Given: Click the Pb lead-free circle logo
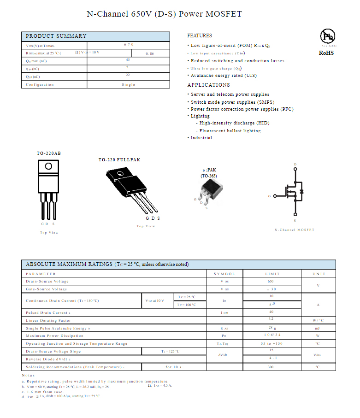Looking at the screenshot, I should coord(328,36).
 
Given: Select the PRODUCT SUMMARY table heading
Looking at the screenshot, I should coord(56,36).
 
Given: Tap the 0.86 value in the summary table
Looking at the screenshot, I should coord(150,54).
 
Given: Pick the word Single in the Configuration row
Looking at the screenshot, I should coord(129,84).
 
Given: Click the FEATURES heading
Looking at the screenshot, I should coord(200,35).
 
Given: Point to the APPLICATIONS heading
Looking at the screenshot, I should coord(208,85).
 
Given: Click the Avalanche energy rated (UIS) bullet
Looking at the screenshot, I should coord(224,76).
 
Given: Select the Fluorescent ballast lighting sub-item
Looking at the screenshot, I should coord(230,131).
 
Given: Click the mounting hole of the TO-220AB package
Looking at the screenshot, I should coord(48,166).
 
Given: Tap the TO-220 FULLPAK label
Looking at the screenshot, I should coord(119,160).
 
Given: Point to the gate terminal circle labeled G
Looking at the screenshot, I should coord(275,196).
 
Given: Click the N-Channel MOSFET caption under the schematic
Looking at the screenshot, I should coord(295,230).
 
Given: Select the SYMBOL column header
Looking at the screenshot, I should coord(224,274).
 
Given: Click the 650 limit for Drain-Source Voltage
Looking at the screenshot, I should coord(271,281).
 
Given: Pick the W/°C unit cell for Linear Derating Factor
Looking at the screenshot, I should coord(318,320).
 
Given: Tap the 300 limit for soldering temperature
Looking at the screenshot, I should coord(271,367).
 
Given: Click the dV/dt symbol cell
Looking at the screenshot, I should coord(224,355).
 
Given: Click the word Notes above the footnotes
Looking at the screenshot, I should coord(28,376).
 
